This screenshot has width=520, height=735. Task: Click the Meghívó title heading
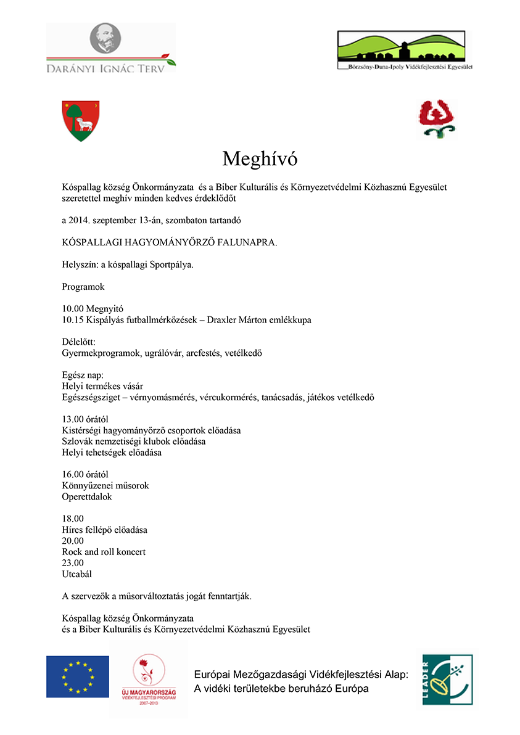260,159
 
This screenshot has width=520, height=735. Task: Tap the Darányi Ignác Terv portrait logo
111,48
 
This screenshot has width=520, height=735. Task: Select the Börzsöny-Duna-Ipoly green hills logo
405,50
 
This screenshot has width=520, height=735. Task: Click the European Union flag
78,676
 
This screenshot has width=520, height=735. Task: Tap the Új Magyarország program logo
148,678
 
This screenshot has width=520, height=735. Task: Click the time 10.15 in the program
73,320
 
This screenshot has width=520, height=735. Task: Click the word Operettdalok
87,496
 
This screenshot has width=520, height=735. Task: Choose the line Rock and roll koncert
104,552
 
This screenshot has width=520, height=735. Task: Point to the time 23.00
73,563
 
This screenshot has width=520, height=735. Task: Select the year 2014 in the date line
79,220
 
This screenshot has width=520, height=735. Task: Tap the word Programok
83,287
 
